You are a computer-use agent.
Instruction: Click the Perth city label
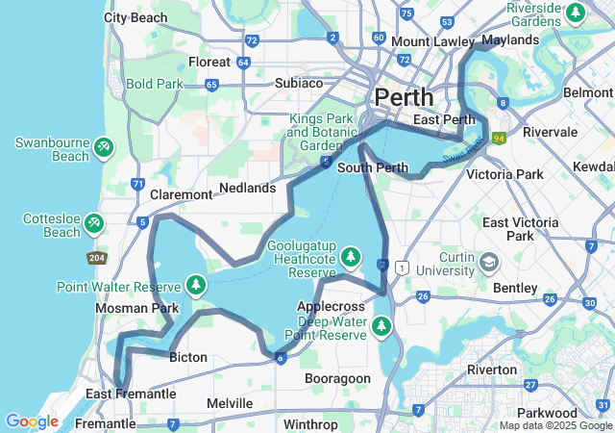click(x=404, y=97)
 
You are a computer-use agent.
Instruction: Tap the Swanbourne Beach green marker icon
click(x=103, y=148)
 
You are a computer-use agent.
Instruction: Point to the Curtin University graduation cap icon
click(x=488, y=262)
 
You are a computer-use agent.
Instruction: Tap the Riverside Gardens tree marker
click(x=575, y=13)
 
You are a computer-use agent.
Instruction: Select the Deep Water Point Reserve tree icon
click(x=382, y=327)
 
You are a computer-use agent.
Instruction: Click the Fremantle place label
click(x=105, y=423)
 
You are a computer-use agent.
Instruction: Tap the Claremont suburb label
click(x=181, y=194)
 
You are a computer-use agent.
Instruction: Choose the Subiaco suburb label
click(x=299, y=83)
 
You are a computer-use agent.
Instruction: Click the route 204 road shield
click(x=96, y=258)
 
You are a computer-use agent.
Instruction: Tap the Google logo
click(x=32, y=420)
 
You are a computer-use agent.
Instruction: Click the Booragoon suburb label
click(x=337, y=378)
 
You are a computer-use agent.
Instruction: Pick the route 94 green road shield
click(x=499, y=139)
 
